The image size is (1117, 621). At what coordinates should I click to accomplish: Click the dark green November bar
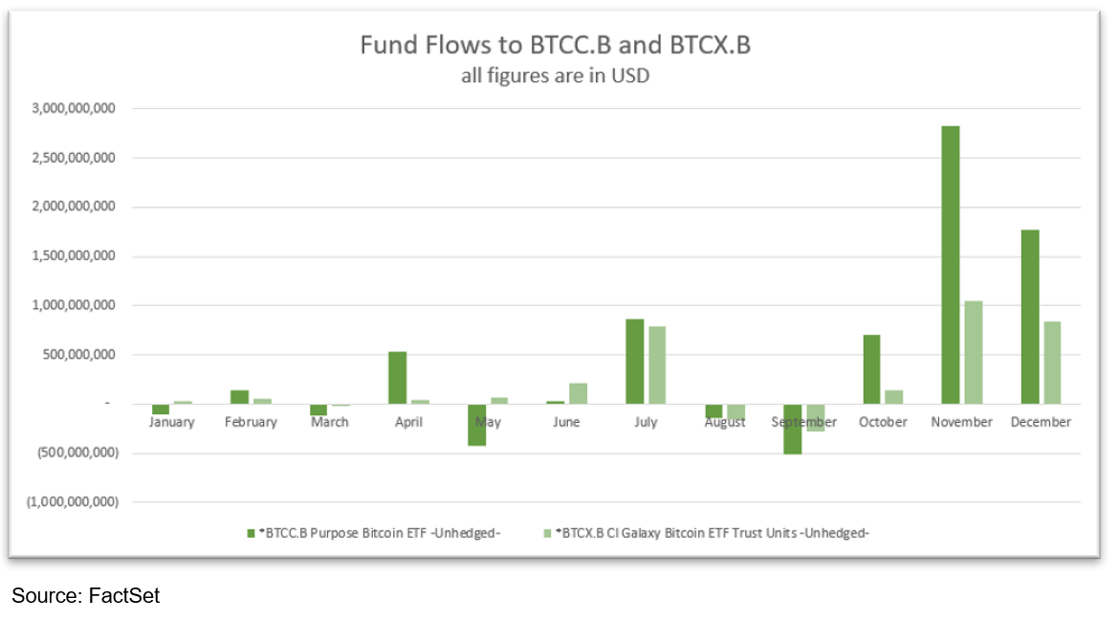(x=950, y=265)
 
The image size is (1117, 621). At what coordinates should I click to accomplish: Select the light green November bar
(x=973, y=352)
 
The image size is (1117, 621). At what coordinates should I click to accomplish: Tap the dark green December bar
(x=1029, y=317)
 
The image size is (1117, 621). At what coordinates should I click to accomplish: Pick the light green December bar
(x=1052, y=363)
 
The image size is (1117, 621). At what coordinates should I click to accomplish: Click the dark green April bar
(x=397, y=378)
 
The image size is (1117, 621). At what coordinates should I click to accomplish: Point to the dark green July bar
(x=634, y=362)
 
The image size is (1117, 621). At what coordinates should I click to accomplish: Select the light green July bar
(x=657, y=366)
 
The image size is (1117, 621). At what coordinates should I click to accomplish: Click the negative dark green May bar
(x=476, y=425)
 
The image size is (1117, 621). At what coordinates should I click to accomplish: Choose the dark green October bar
(x=871, y=369)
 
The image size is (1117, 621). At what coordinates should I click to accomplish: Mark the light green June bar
(x=578, y=393)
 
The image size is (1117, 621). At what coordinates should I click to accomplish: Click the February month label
(x=251, y=422)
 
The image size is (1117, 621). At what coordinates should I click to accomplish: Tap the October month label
(x=882, y=422)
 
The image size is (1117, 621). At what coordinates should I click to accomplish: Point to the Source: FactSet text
(x=85, y=596)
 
